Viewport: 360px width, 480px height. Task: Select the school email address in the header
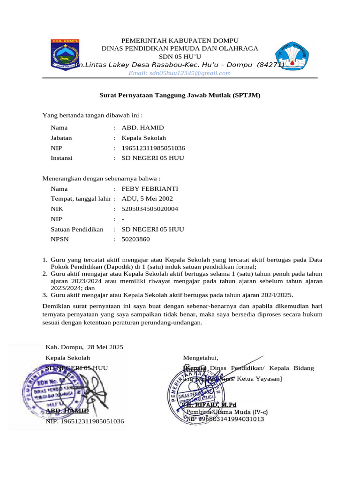click(x=180, y=73)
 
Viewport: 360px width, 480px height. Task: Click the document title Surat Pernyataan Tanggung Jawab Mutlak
click(x=180, y=95)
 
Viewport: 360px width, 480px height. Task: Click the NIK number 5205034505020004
click(x=150, y=209)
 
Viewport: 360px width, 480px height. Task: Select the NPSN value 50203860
click(x=136, y=240)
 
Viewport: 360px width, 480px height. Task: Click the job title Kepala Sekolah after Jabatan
click(x=143, y=138)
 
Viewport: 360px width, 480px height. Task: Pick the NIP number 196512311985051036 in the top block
click(x=153, y=148)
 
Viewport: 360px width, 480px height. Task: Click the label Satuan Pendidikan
click(x=77, y=229)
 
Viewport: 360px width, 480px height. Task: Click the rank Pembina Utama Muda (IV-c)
click(x=227, y=412)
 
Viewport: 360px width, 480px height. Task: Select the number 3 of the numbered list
click(x=45, y=295)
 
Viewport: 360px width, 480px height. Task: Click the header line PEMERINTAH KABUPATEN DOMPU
click(x=180, y=41)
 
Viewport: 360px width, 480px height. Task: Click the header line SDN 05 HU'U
click(x=180, y=56)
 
